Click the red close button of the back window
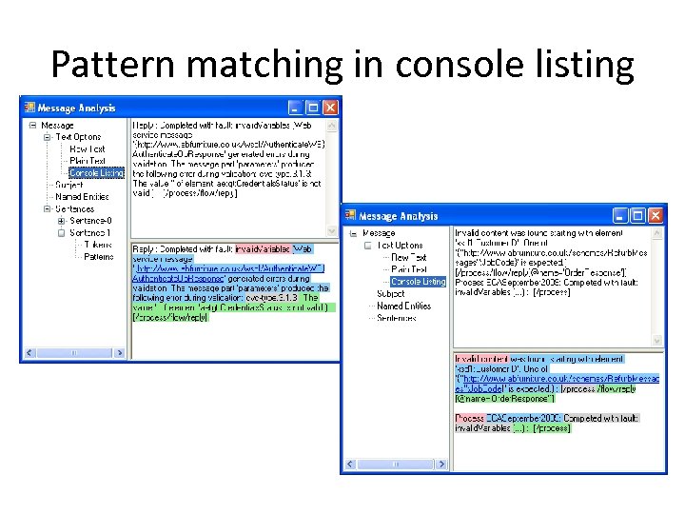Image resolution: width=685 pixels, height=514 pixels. tap(330, 108)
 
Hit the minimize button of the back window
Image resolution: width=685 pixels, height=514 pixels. tap(296, 108)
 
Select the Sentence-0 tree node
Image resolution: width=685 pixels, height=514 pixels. tap(90, 221)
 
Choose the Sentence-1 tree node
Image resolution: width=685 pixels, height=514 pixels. tap(90, 232)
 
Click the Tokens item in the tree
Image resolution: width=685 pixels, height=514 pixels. tap(98, 245)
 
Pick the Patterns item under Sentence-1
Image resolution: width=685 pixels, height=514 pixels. tap(99, 256)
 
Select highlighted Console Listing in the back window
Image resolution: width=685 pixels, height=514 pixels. tap(96, 173)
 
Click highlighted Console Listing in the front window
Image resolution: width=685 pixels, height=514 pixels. tap(418, 282)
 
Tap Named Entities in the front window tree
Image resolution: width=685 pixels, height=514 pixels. tap(404, 306)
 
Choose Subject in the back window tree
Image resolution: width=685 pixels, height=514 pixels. tap(69, 185)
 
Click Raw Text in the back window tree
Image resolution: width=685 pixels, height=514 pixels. tap(88, 149)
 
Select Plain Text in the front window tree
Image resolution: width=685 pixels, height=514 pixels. tap(409, 269)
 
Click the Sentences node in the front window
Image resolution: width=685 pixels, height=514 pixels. tap(397, 318)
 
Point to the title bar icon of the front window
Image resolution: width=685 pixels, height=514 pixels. tap(350, 217)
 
